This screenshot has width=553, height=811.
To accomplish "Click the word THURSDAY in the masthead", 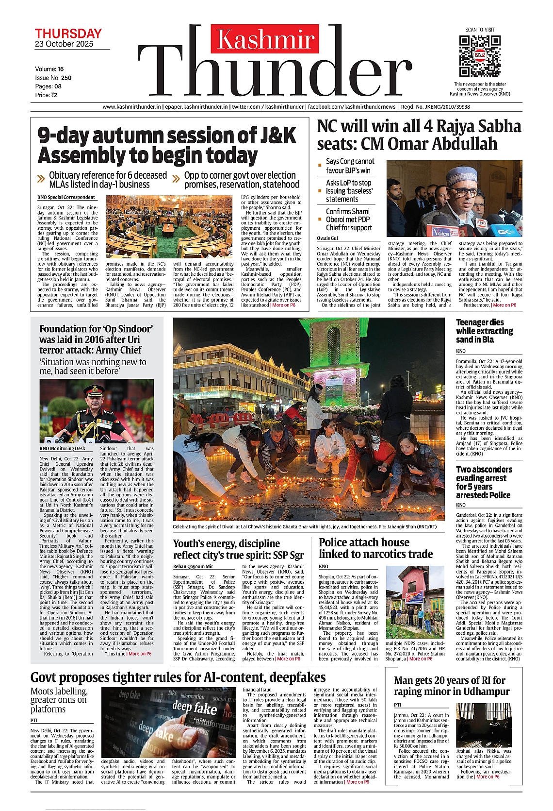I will point(68,34).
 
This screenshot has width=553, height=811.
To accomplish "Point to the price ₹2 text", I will point(46,95).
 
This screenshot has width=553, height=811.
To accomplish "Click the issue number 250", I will point(66,78).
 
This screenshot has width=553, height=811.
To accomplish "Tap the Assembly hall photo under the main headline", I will point(169,227).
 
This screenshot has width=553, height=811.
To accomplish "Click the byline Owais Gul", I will point(327,238).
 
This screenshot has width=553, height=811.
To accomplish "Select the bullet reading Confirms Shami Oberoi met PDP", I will point(349,220).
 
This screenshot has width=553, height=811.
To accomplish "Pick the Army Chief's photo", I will point(97,411).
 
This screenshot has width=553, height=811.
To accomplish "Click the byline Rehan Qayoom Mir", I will point(193,566).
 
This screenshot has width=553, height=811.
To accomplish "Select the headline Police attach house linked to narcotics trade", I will point(375,548).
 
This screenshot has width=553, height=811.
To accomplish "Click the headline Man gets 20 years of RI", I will point(452,686).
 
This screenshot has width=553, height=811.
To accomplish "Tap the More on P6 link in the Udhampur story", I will point(488,777).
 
